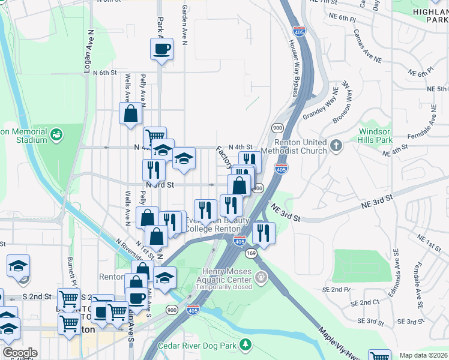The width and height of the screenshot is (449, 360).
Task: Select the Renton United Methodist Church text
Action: coord(300,146)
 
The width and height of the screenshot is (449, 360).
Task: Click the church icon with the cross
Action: coord(336,145)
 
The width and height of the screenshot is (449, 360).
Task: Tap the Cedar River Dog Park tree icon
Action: coord(245,344)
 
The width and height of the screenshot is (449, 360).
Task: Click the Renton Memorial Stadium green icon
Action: coord(57,134)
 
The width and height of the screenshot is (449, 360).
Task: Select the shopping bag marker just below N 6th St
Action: coord(131,113)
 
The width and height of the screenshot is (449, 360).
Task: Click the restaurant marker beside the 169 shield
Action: coord(263,232)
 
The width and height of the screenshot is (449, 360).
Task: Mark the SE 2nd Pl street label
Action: coord(336,289)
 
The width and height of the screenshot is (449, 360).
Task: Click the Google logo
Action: coord(20,353)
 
